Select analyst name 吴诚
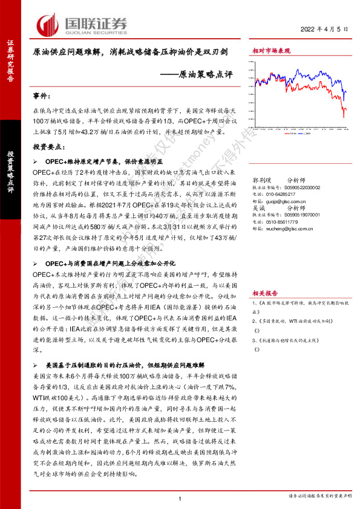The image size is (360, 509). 258,208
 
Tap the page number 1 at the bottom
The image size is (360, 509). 180,498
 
